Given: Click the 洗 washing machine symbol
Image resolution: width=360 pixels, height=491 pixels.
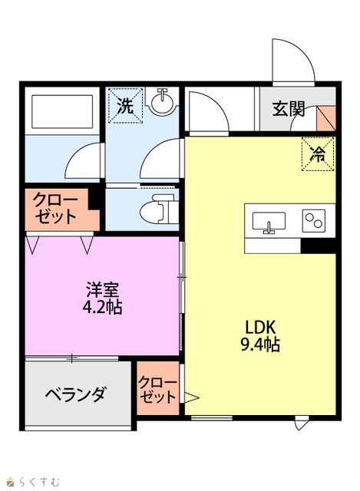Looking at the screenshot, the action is click(125, 105).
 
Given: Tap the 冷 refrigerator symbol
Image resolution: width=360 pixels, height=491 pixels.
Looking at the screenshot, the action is click(318, 154).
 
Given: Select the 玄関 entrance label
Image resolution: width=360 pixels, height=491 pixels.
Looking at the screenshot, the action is click(289, 109).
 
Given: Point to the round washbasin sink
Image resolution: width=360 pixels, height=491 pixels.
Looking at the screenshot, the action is click(161, 101).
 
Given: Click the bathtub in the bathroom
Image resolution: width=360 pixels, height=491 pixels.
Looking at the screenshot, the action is click(62, 111).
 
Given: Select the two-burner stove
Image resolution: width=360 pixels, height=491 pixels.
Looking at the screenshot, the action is click(314, 221).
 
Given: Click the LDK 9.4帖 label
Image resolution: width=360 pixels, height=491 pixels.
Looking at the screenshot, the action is click(260, 336).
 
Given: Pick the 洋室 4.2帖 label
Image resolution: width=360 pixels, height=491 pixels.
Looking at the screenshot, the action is click(102, 298).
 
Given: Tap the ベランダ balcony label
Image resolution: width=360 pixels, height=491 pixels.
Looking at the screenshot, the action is click(76, 394).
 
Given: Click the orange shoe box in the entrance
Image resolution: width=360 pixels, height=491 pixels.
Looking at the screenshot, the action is click(326, 118).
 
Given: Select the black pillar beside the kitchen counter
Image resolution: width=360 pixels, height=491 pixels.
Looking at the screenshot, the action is click(319, 246).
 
